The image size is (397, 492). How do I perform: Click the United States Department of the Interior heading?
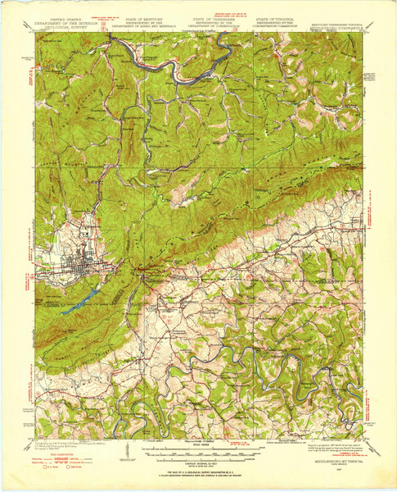65,20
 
